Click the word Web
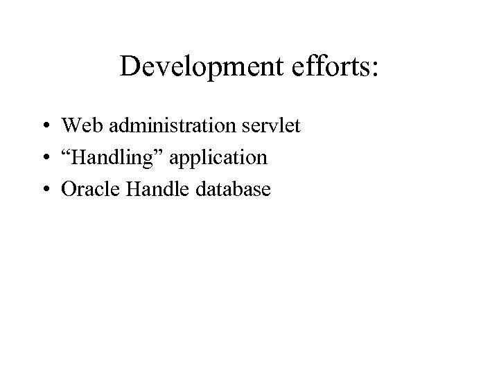tap(78, 127)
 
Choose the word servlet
tap(270, 127)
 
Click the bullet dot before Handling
tap(44, 159)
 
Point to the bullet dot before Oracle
tap(44, 189)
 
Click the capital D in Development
tap(129, 67)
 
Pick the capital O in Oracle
tap(68, 188)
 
